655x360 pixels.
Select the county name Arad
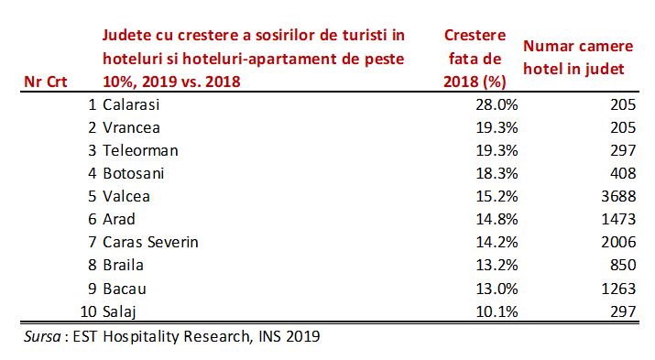[x=119, y=220]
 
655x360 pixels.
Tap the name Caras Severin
[x=151, y=243]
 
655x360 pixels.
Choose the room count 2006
[x=618, y=243]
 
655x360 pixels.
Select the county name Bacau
[x=124, y=289]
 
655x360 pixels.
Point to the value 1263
[x=618, y=289]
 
